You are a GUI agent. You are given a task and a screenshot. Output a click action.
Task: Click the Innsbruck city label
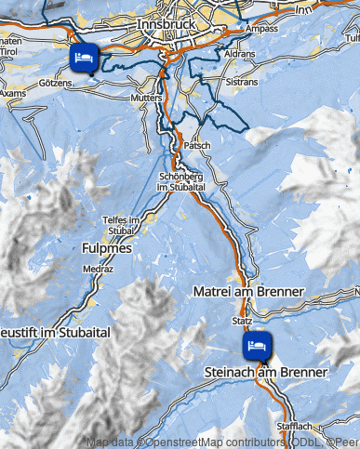[167, 21]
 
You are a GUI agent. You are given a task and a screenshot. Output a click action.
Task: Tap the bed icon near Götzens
[83, 59]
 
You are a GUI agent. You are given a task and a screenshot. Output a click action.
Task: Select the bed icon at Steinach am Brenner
[257, 346]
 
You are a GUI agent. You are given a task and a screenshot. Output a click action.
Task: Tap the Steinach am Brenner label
[266, 372]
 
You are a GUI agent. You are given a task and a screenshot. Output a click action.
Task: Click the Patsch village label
[198, 146]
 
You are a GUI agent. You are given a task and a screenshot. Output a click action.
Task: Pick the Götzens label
[60, 83]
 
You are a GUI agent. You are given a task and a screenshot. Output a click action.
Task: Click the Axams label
[13, 94]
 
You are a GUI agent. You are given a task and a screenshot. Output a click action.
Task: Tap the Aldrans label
[239, 56]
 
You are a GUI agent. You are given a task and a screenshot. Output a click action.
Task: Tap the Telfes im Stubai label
[120, 224]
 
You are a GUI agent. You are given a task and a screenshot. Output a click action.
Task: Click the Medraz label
[97, 269]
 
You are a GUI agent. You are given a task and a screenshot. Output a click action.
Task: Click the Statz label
[243, 321]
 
